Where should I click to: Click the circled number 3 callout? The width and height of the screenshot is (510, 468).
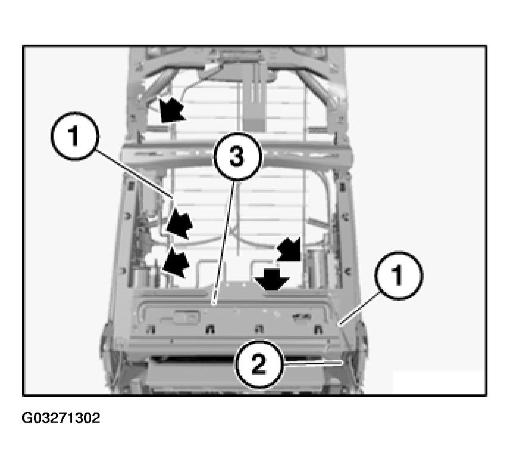click(237, 157)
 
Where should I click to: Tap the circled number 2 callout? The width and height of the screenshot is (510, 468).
click(259, 364)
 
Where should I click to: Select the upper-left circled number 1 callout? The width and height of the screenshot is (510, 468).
click(74, 136)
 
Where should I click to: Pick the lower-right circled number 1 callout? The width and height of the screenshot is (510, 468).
click(399, 275)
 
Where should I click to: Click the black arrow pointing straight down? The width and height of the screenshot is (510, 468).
click(272, 278)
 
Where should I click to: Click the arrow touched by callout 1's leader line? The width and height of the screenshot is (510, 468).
click(179, 223)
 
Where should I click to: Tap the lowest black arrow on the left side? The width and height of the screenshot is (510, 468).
click(176, 262)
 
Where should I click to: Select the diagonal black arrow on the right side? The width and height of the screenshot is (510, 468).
click(289, 249)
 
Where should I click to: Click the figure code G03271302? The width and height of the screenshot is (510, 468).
click(61, 418)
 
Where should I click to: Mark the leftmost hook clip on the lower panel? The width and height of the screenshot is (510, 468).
click(150, 329)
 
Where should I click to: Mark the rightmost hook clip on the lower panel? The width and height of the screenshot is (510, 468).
click(318, 329)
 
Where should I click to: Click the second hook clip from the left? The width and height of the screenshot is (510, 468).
click(210, 329)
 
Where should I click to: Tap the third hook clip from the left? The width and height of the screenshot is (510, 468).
click(259, 329)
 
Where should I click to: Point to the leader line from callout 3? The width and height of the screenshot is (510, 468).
click(223, 243)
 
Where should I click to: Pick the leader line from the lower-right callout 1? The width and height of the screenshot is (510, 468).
click(359, 308)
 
